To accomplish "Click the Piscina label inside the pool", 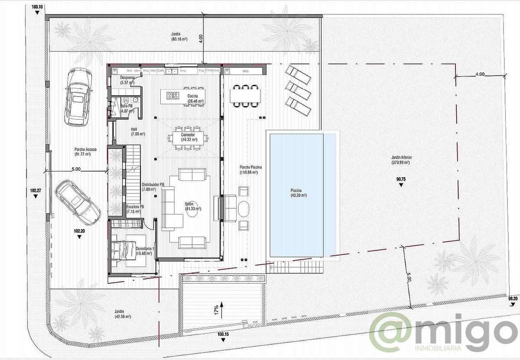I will click(x=299, y=192).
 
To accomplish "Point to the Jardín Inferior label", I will click(x=400, y=160).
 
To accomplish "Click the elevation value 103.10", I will click(x=38, y=7).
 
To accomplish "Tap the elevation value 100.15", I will click(x=223, y=334).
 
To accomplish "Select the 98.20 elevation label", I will click(x=512, y=299).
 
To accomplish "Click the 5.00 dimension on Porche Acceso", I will click(x=76, y=169).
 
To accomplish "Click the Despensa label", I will click(x=127, y=80).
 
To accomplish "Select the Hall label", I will click(x=134, y=132).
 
